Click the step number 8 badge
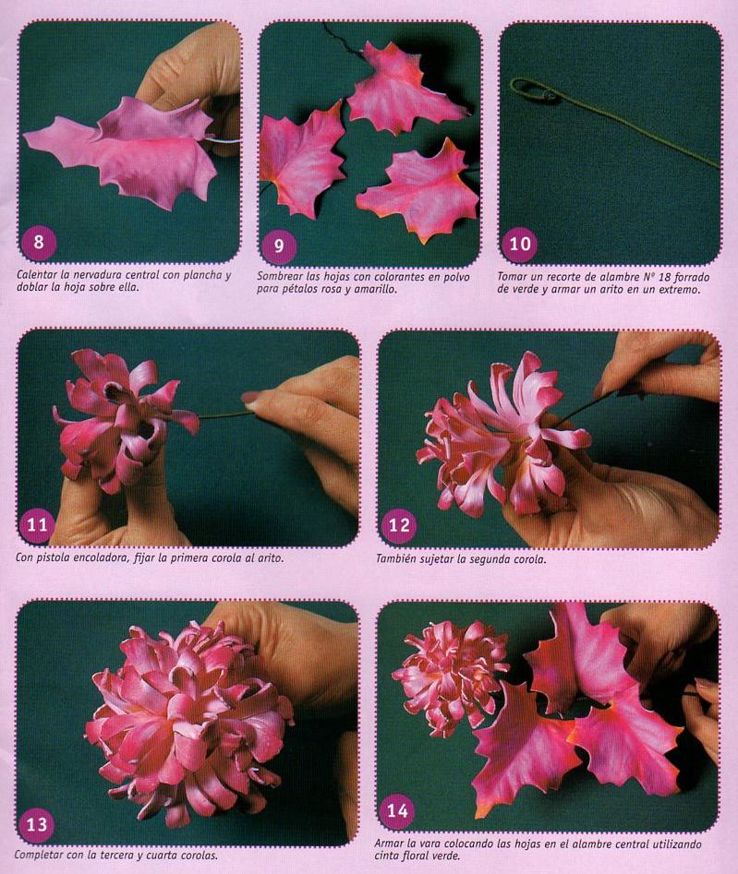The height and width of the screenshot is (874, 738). point(39,242)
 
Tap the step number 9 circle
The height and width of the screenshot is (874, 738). point(279,245)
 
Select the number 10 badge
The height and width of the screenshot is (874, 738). point(519,245)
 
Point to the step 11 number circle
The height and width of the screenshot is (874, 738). point(37,524)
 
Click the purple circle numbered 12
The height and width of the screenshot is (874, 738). point(398,525)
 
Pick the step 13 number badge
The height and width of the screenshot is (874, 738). point(36,824)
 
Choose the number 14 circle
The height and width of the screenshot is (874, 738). point(396,810)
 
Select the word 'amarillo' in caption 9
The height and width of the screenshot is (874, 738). point(377,289)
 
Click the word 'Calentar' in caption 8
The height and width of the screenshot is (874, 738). point(36,275)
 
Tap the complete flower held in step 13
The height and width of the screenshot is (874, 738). point(187,724)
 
